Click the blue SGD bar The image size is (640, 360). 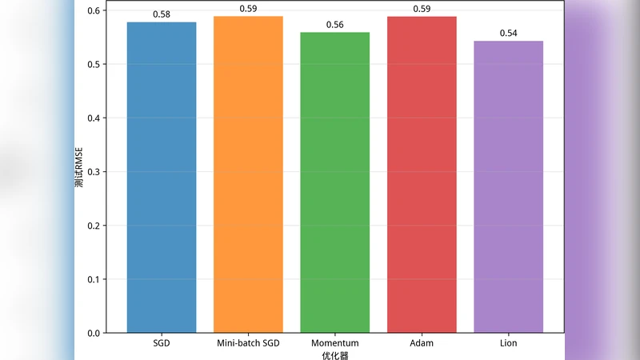162,178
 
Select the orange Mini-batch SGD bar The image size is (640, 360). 248,174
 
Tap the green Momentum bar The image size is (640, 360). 335,182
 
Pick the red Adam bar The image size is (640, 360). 422,174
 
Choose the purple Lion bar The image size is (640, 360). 508,186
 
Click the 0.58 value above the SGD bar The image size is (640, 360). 162,15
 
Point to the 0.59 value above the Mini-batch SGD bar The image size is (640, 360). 248,9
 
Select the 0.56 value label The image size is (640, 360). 335,25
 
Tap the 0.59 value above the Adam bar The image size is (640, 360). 422,9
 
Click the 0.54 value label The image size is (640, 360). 508,34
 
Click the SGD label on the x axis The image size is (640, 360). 162,343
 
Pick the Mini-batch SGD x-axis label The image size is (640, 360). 248,343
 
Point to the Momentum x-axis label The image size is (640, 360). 335,343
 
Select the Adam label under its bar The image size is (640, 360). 422,343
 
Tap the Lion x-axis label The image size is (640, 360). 508,343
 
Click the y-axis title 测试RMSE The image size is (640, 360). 80,171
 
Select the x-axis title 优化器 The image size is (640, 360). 335,354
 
